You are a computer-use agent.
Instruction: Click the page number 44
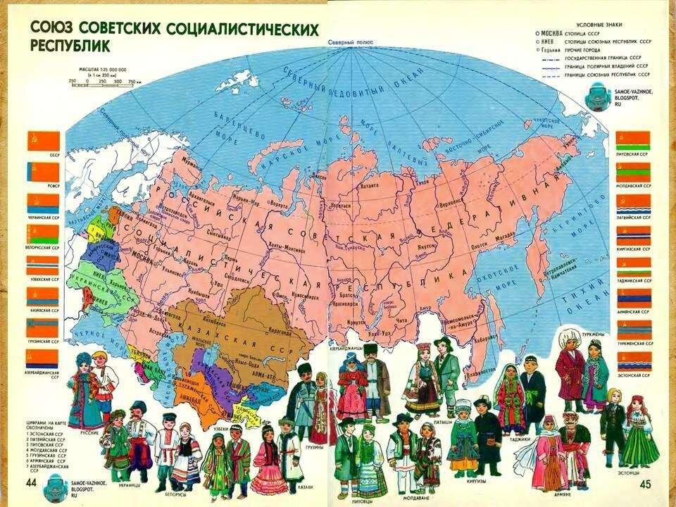tap(31, 482)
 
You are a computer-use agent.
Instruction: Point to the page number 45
tap(646, 485)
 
